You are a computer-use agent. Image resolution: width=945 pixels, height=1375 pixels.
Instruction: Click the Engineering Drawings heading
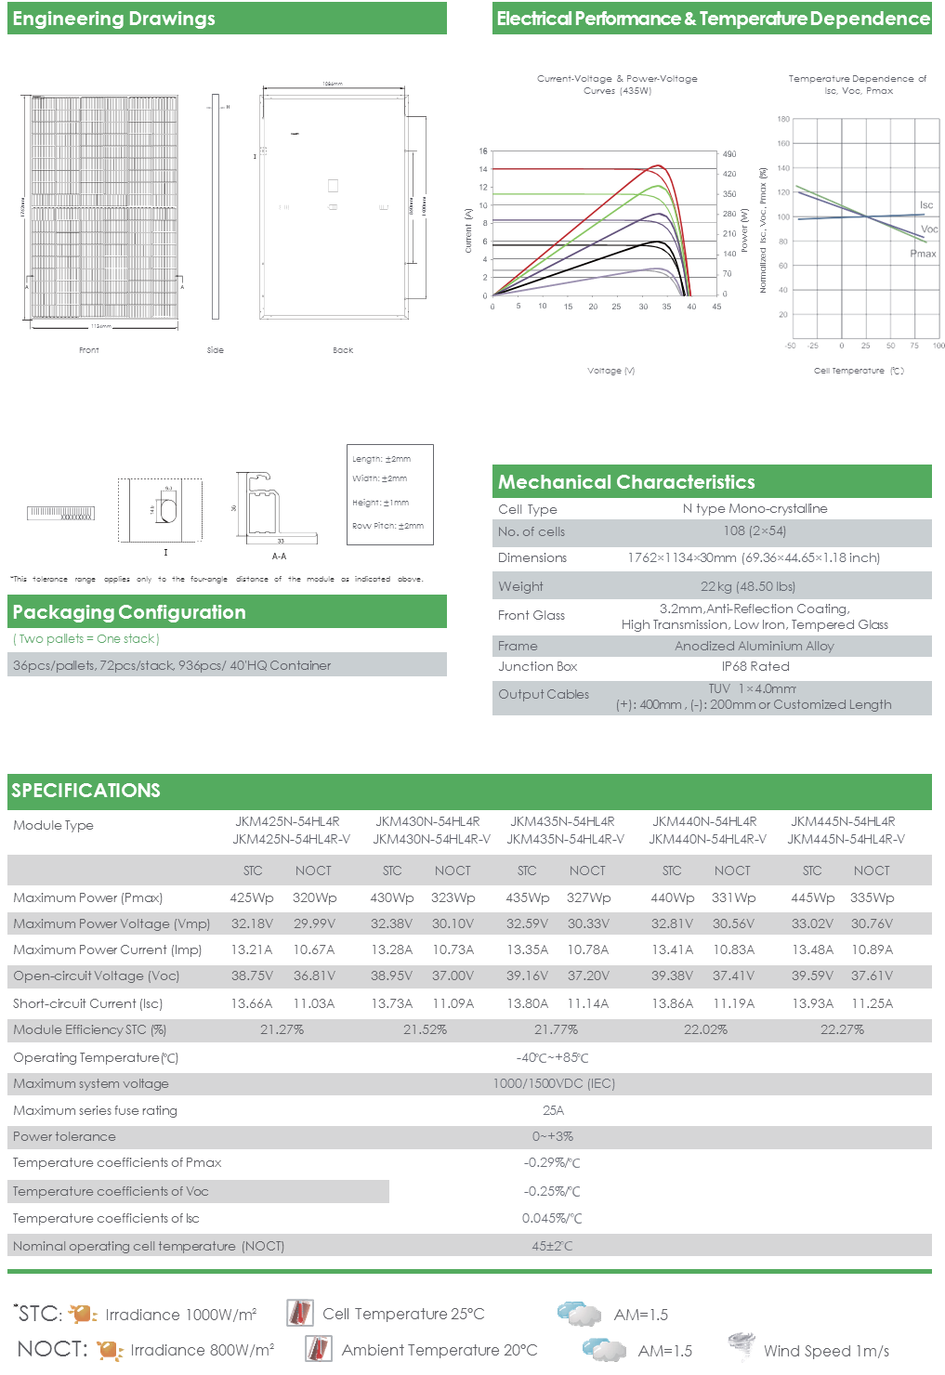pyautogui.click(x=114, y=19)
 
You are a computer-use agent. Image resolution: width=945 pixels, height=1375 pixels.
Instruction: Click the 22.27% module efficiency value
pyautogui.click(x=842, y=1029)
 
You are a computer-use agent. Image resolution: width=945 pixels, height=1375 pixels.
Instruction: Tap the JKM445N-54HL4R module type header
pyautogui.click(x=843, y=821)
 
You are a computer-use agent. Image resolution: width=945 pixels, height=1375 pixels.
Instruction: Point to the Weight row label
pyautogui.click(x=520, y=586)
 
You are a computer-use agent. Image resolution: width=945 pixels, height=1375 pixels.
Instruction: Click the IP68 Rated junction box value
pyautogui.click(x=755, y=666)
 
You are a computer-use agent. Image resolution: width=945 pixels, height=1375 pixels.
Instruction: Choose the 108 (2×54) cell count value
pyautogui.click(x=755, y=531)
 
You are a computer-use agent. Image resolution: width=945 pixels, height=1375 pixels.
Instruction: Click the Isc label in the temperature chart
pyautogui.click(x=926, y=204)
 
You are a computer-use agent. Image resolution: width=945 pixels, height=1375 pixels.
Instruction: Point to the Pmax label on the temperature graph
pyautogui.click(x=923, y=254)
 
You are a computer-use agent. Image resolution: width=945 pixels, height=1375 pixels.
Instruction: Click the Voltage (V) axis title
pyautogui.click(x=610, y=371)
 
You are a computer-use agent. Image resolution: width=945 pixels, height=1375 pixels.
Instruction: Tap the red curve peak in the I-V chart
pyautogui.click(x=658, y=166)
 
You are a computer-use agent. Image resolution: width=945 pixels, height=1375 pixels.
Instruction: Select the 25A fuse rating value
pyautogui.click(x=553, y=1110)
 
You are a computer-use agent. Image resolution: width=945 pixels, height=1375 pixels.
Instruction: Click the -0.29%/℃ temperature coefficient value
pyautogui.click(x=552, y=1162)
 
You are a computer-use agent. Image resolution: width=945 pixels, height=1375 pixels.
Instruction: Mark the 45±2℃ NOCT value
pyautogui.click(x=552, y=1246)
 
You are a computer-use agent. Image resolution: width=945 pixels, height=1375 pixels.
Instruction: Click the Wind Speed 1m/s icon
pyautogui.click(x=741, y=1347)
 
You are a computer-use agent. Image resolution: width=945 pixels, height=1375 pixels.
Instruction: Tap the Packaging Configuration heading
pyautogui.click(x=129, y=612)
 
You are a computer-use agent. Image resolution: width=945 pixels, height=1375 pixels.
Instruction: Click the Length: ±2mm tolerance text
pyautogui.click(x=381, y=459)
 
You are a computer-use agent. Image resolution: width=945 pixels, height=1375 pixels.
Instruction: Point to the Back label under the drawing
pyautogui.click(x=343, y=350)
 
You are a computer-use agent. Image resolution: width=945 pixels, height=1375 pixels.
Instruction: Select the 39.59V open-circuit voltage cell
pyautogui.click(x=812, y=976)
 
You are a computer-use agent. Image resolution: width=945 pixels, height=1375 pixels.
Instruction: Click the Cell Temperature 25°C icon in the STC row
pyautogui.click(x=299, y=1314)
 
